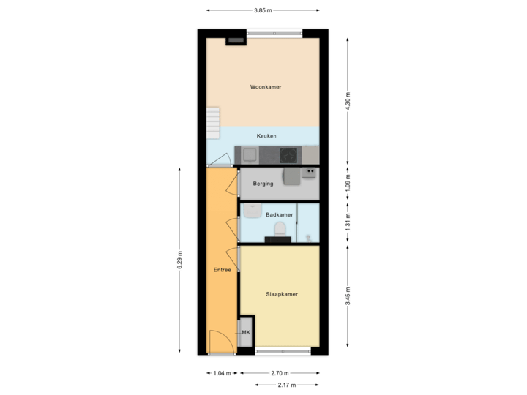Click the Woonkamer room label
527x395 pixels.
(x=265, y=87)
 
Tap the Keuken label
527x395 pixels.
(x=266, y=136)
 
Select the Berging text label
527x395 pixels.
(x=263, y=184)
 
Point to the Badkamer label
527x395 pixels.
(x=279, y=215)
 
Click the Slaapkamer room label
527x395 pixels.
(x=281, y=294)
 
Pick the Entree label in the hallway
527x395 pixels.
(x=223, y=270)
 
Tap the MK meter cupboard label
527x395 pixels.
(x=246, y=332)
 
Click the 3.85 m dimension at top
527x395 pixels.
(x=263, y=10)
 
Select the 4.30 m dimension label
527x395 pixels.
(x=348, y=100)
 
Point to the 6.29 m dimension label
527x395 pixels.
(x=179, y=260)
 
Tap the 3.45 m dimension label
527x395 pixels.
(x=348, y=296)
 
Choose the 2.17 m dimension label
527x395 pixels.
(x=285, y=384)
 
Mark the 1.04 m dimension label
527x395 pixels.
(x=222, y=373)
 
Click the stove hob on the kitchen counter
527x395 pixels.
(x=289, y=155)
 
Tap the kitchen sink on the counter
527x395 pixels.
(x=250, y=155)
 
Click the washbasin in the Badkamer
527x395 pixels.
(x=252, y=211)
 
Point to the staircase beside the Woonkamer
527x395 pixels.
(x=212, y=122)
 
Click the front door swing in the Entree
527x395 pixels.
(x=218, y=341)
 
